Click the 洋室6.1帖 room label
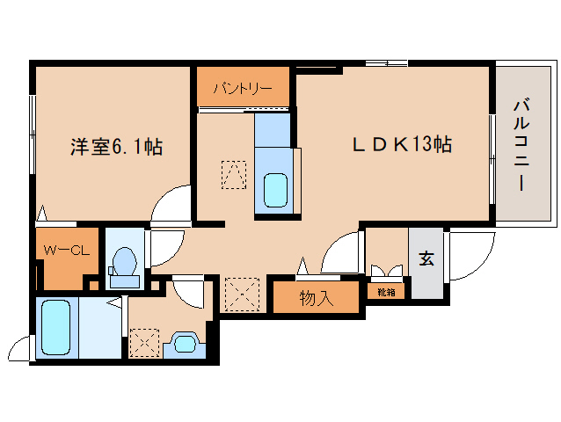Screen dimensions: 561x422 click(x=116, y=146)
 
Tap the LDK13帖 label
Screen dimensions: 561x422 click(x=402, y=144)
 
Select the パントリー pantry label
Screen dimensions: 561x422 click(x=243, y=87)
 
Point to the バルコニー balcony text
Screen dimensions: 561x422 click(x=521, y=146)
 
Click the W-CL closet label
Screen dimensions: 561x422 click(x=66, y=250)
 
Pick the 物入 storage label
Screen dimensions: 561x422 click(x=317, y=297)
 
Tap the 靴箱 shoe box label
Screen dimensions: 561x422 click(x=386, y=292)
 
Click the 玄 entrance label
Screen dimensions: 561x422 click(x=426, y=258)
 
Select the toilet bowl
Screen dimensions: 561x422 click(x=124, y=264)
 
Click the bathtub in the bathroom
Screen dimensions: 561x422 click(x=57, y=327)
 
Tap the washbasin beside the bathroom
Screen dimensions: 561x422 click(x=185, y=344)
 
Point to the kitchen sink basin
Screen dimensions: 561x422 click(x=275, y=190)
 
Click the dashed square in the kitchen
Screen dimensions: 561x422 click(x=234, y=175)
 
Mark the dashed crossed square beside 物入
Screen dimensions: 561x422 click(x=242, y=295)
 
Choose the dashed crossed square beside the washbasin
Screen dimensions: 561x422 click(x=144, y=343)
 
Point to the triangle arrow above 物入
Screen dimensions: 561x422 click(x=303, y=266)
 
